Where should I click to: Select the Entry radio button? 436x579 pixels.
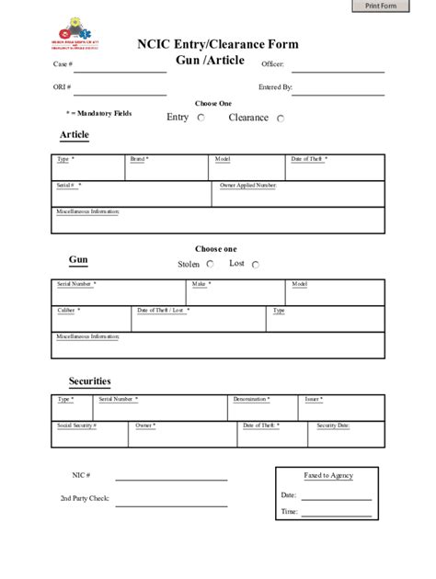coord(201,119)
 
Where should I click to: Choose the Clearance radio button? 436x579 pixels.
coord(281,119)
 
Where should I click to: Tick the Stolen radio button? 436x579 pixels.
coord(211,264)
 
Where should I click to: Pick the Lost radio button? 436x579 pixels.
coord(255,265)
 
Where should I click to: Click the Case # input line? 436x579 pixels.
coord(120,69)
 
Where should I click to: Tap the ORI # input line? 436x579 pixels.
coord(120,91)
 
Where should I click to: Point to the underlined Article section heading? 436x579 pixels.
coord(74,135)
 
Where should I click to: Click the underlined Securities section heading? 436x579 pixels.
coord(89,380)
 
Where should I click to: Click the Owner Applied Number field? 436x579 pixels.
coord(300,195)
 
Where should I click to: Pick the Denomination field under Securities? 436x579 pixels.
coord(264,408)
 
